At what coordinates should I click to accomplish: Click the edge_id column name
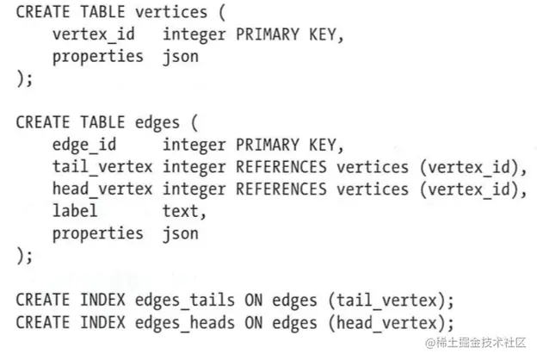click(86, 145)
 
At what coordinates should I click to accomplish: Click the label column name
click(75, 211)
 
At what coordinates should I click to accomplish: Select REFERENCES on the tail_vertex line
click(282, 167)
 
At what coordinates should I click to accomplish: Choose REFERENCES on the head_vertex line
click(282, 189)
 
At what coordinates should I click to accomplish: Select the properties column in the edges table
click(97, 233)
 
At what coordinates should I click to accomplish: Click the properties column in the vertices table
click(97, 58)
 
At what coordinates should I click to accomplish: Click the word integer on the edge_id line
click(196, 145)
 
